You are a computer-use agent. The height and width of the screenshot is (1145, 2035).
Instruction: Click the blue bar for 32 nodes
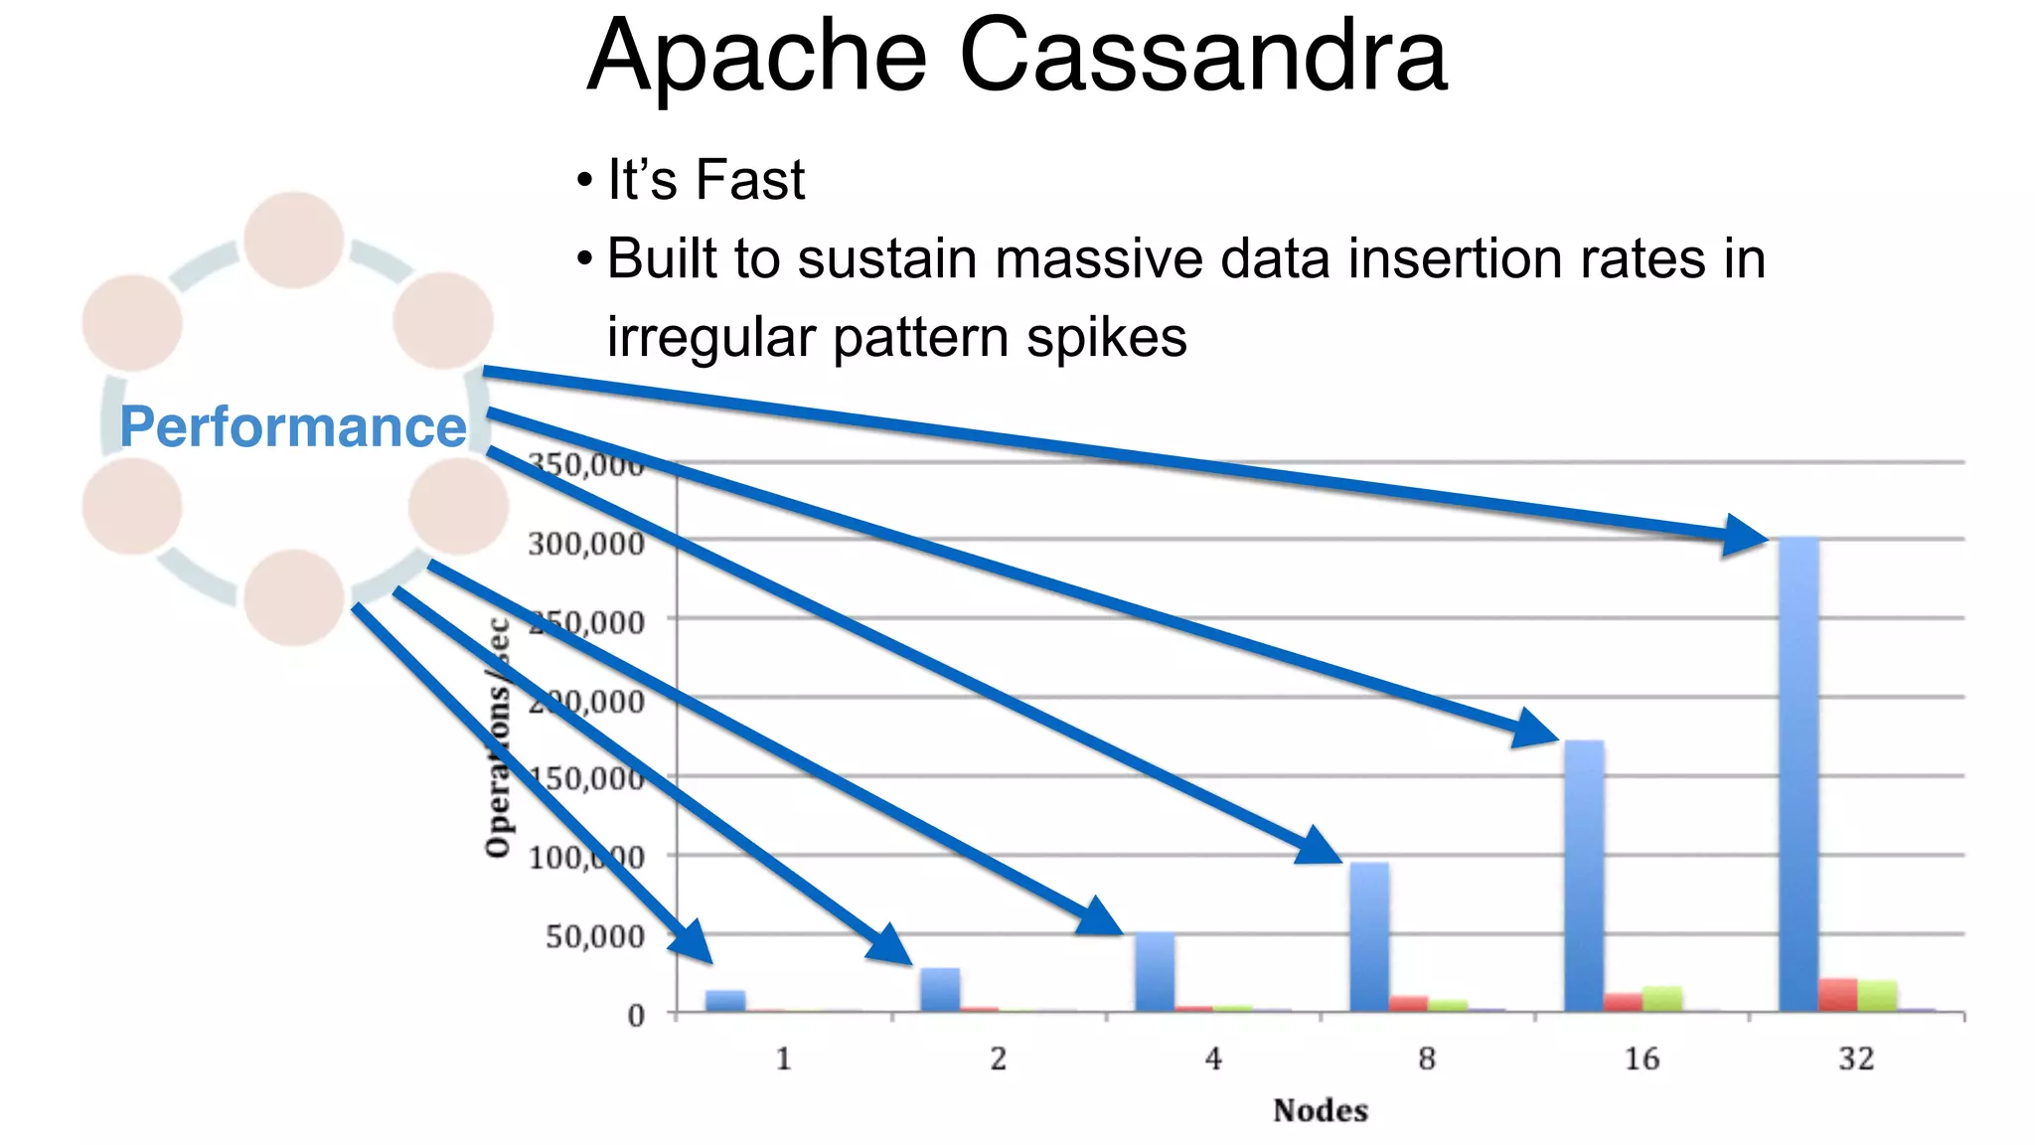1799,775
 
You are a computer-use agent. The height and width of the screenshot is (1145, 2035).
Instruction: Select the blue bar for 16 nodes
1584,875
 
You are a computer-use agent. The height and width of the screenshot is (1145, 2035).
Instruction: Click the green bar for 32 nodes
1877,996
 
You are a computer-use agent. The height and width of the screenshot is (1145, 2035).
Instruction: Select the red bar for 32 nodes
1838,995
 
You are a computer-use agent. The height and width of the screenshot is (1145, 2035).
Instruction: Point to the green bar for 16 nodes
1662,999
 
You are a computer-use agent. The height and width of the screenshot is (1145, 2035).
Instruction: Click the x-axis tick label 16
1642,1060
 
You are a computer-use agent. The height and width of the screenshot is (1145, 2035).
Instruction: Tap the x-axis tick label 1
784,1060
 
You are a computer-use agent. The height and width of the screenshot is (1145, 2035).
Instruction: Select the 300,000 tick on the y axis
586,544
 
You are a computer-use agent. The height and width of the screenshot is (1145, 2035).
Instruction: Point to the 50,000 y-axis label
594,936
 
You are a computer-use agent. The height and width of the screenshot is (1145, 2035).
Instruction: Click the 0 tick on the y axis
636,1016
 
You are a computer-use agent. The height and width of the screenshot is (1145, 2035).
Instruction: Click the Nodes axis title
1320,1110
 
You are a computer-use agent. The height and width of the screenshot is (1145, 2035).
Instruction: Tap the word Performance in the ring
293,427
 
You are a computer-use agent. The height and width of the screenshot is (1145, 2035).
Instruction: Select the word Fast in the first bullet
749,181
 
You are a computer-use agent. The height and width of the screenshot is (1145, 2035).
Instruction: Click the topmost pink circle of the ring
294,241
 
